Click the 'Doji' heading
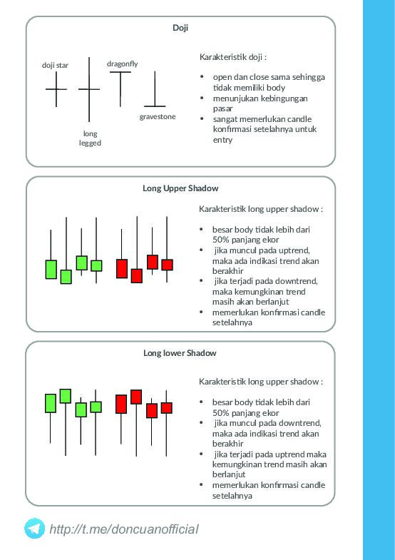pos(180,28)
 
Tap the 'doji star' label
pos(55,65)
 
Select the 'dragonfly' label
pos(122,64)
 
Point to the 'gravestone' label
pos(158,116)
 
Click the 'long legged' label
pos(90,138)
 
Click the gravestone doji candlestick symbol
pos(155,100)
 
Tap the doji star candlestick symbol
pos(56,89)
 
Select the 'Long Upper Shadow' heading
pos(180,188)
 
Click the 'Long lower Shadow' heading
pos(180,353)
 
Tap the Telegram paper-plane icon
pos(34,529)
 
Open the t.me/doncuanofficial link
pos(124,529)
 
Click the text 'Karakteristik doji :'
pos(233,56)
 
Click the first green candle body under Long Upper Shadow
pos(51,269)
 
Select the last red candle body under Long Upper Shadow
pos(167,265)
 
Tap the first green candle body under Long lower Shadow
pos(51,403)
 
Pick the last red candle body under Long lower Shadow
pos(167,408)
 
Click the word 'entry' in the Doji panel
pos(222,140)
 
